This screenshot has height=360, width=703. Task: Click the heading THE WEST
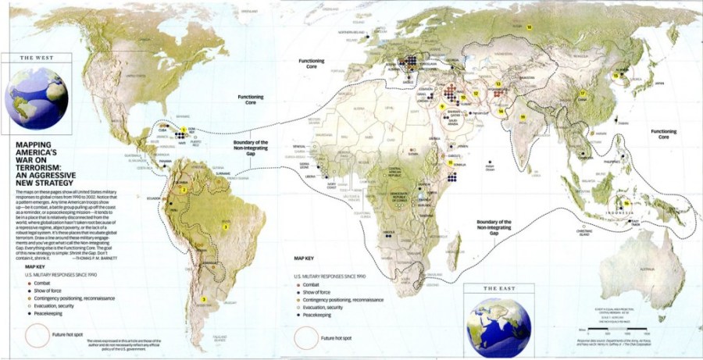35,58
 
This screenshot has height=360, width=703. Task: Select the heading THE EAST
500,288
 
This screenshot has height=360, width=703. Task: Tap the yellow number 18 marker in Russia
529,27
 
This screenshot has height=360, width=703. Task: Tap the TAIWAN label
622,123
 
